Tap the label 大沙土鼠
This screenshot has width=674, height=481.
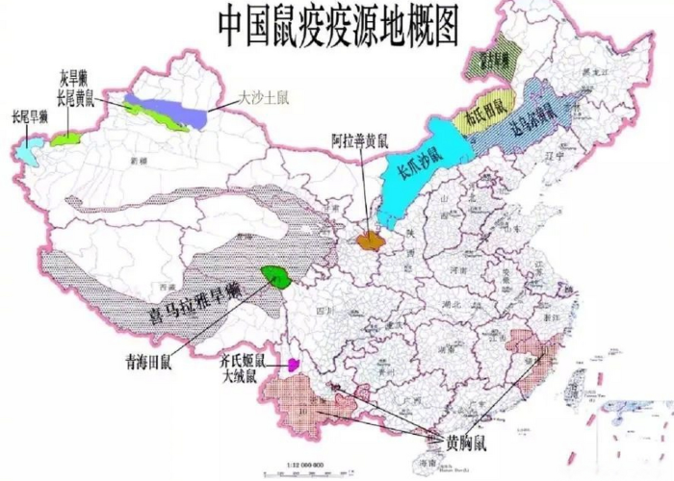(x=262, y=98)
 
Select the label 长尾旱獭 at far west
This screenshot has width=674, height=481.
(x=29, y=117)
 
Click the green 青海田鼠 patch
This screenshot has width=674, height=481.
(x=277, y=279)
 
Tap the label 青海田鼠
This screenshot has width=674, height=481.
(x=148, y=364)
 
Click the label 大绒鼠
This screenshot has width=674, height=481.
(x=239, y=378)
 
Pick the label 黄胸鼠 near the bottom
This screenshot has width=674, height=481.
(x=466, y=445)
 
